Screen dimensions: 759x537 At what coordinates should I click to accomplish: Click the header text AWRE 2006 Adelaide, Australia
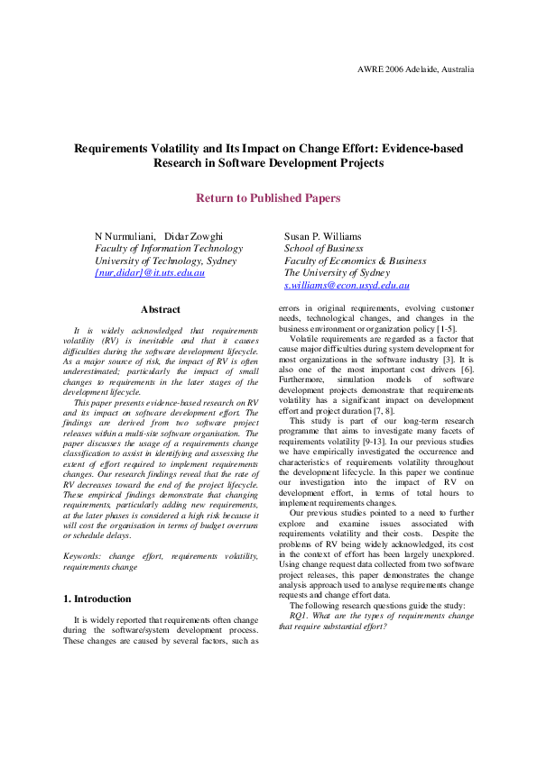click(415, 69)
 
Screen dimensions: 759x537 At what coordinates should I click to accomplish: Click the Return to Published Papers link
click(268, 197)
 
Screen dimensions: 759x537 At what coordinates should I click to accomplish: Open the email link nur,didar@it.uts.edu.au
click(150, 272)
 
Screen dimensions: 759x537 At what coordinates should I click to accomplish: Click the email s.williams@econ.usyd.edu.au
click(347, 285)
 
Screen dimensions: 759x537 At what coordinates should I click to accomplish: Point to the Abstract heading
click(160, 309)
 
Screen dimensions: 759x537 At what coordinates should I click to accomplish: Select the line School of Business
click(323, 248)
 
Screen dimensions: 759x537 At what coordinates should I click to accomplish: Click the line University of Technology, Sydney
click(165, 261)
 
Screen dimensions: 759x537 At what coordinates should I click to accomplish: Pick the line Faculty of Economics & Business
click(355, 261)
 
